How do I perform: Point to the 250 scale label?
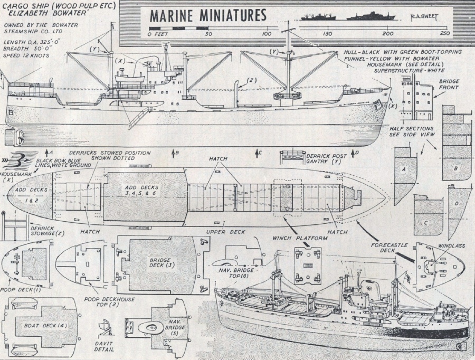coord(444,34)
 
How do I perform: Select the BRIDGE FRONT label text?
coord(449,87)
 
